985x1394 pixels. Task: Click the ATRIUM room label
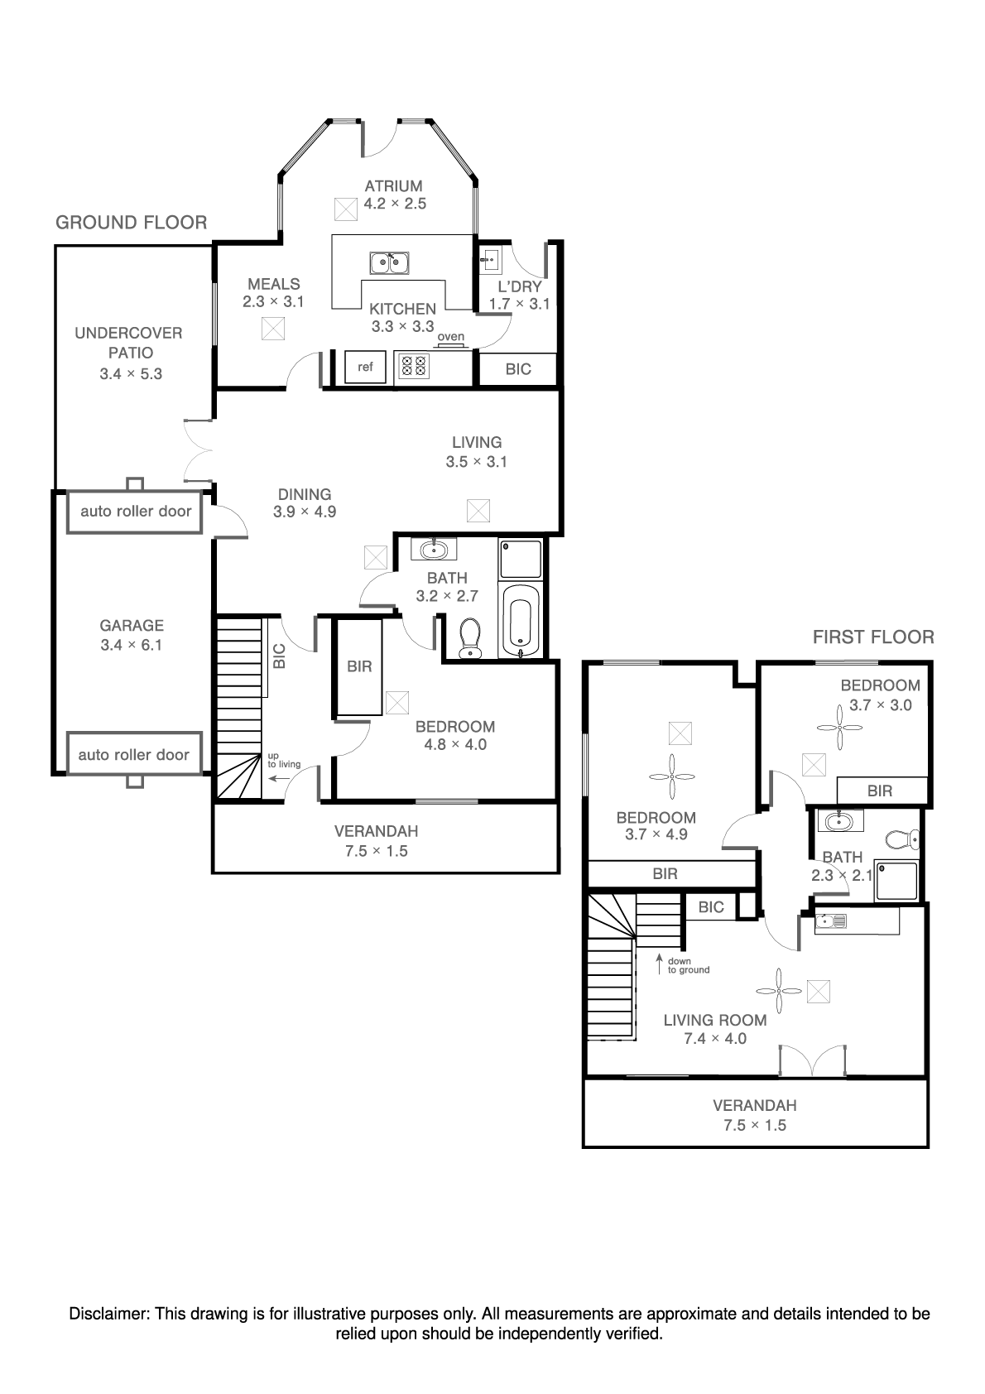point(393,186)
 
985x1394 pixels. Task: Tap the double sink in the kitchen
point(389,262)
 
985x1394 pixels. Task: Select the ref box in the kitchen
point(365,368)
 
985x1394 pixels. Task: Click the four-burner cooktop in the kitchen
point(414,366)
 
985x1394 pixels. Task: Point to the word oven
point(451,337)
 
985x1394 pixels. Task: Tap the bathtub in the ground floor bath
point(520,620)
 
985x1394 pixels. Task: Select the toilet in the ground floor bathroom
point(470,638)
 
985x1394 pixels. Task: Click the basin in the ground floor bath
point(434,550)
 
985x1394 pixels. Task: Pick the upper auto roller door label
point(136,512)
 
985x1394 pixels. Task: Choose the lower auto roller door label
point(134,755)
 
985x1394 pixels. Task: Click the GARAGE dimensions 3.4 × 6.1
point(132,645)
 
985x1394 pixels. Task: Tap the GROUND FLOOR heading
point(132,223)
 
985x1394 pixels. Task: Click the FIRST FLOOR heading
point(873,637)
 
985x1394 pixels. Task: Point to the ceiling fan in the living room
point(779,991)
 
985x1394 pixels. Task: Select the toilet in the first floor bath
point(902,839)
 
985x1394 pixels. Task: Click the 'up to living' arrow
point(279,778)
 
